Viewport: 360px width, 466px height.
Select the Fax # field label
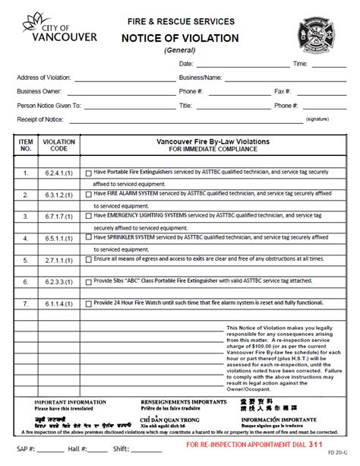coord(283,91)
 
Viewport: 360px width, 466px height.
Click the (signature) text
coord(317,120)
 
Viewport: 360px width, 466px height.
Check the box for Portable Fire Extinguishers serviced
coord(89,173)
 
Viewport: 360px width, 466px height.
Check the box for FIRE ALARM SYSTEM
coord(89,195)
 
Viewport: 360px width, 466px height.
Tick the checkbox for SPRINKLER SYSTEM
coord(89,237)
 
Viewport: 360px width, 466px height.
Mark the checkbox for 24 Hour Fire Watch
coord(89,303)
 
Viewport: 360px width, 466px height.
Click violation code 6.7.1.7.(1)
coord(58,216)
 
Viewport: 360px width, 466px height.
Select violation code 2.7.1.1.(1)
coord(58,259)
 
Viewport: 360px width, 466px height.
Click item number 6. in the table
coord(26,281)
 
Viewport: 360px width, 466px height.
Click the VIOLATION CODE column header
coord(58,145)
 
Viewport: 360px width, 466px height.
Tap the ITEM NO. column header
coord(26,145)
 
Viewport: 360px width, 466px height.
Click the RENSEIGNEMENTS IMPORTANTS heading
coord(177,401)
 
